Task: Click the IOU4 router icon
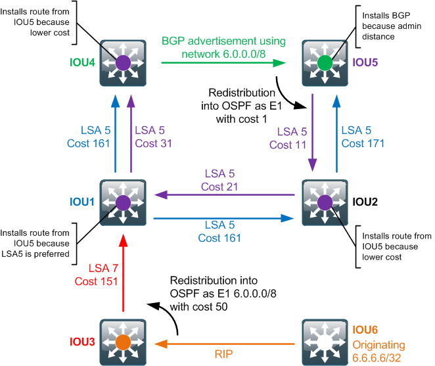(x=123, y=63)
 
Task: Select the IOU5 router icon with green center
(x=325, y=63)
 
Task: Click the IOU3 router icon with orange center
(x=123, y=342)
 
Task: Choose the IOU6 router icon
(x=325, y=342)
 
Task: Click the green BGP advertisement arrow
(x=223, y=63)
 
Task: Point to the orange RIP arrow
(x=223, y=342)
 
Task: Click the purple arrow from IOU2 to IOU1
(x=223, y=194)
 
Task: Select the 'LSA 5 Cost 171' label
(x=363, y=137)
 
